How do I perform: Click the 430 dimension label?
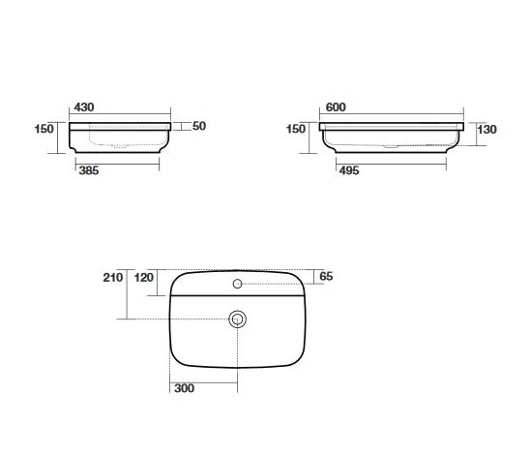click(x=84, y=107)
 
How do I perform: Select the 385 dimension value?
click(x=89, y=170)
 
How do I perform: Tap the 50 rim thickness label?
click(x=199, y=126)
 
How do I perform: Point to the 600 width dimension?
click(x=336, y=107)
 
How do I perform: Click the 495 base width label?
click(x=349, y=170)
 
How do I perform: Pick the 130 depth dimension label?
click(x=486, y=129)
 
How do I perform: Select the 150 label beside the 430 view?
click(x=44, y=129)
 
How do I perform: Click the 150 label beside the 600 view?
click(x=296, y=129)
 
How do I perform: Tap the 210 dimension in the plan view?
click(x=113, y=278)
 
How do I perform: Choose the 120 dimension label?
click(x=144, y=278)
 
